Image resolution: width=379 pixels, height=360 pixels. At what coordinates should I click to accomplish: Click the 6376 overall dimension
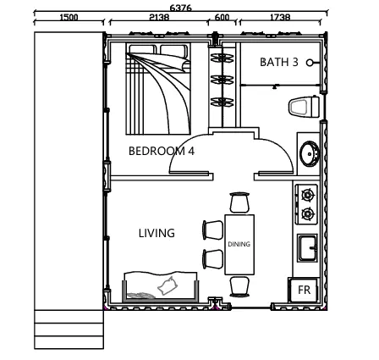click(180, 8)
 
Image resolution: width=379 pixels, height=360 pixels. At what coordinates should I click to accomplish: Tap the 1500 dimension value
click(69, 18)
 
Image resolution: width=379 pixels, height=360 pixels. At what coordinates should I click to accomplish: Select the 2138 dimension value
click(159, 18)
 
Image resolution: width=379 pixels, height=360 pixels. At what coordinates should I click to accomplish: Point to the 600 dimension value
click(222, 18)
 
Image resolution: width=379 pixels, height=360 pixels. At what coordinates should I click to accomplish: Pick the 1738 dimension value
click(280, 18)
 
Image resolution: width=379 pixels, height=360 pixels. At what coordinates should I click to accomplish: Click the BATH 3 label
click(279, 62)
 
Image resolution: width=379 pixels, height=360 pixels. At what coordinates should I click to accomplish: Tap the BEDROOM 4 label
click(162, 152)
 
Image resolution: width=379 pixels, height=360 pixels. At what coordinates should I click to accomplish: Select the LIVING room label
click(157, 233)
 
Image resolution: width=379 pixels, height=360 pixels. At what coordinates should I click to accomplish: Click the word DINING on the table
click(239, 244)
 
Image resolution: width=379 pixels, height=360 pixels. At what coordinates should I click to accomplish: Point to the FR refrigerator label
click(304, 290)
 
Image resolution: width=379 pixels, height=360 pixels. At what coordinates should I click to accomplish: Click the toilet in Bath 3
click(304, 107)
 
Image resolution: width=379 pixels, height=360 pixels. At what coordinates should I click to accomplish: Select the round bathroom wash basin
click(310, 154)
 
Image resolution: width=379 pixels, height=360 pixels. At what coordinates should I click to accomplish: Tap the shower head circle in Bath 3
click(310, 63)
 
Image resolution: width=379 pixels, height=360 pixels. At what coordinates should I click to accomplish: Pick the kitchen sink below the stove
click(307, 248)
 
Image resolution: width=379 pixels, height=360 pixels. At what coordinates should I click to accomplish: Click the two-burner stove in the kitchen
click(306, 204)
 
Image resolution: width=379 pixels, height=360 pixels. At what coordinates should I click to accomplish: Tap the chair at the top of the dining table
click(239, 202)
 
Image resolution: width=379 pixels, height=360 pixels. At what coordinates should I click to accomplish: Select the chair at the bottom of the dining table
click(239, 286)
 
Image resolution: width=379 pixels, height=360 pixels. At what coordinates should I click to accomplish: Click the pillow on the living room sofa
click(168, 285)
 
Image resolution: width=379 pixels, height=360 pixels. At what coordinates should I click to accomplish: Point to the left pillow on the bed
click(142, 49)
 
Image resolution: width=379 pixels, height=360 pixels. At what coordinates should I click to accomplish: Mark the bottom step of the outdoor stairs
click(69, 342)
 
